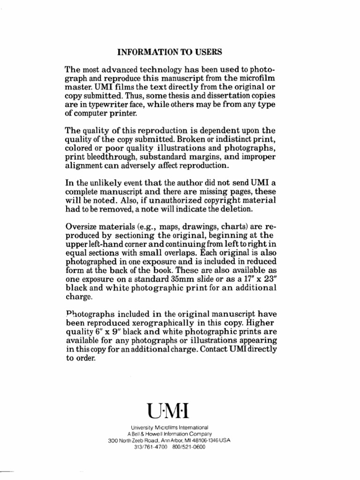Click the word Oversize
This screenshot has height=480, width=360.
pos(81,227)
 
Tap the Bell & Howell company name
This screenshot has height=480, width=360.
pos(155,434)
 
